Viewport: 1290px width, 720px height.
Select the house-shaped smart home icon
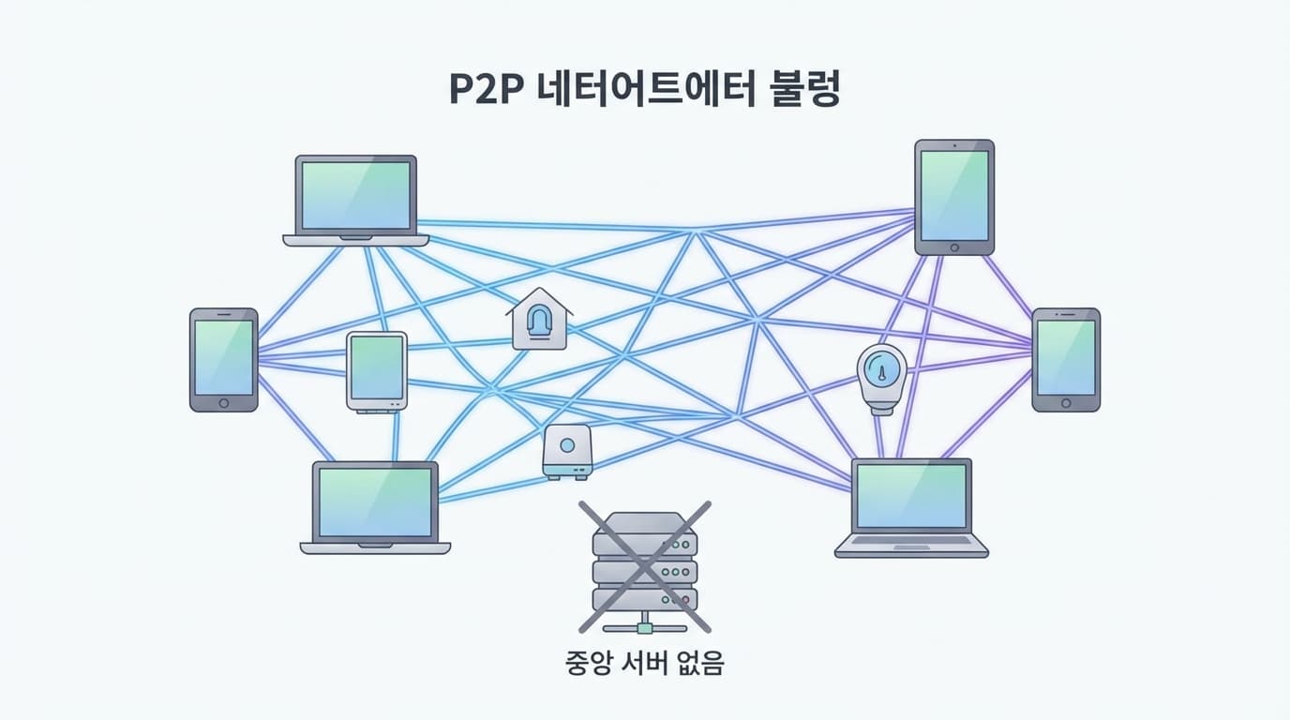coord(539,321)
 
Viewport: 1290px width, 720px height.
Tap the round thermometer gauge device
coord(882,376)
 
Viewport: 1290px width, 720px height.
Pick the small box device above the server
coord(567,450)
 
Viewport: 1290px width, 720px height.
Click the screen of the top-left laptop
coord(355,195)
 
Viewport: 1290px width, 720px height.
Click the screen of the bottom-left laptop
coord(375,501)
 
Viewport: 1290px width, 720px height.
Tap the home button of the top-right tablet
coord(954,247)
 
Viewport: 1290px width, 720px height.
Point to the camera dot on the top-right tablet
coord(954,146)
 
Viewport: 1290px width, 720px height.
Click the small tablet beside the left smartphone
coord(377,370)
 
